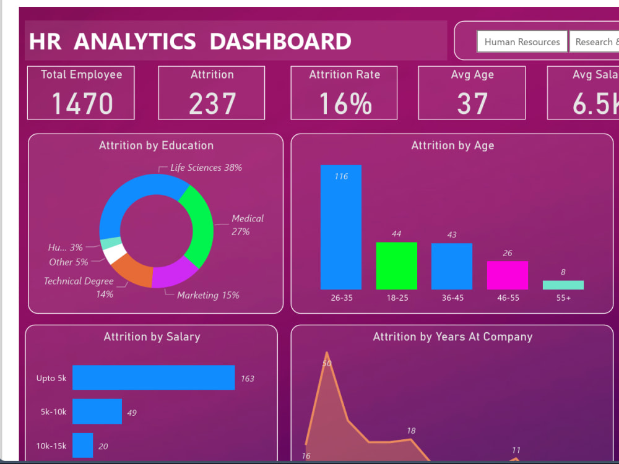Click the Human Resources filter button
[522, 42]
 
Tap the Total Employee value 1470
[82, 103]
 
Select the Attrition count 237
[212, 103]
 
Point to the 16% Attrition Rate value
[345, 103]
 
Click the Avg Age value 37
[472, 103]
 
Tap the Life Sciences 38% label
[206, 168]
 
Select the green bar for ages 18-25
[396, 265]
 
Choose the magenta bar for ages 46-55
[508, 275]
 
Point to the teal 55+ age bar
[563, 285]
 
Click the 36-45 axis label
[452, 298]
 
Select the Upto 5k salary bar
[154, 377]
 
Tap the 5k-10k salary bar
[97, 411]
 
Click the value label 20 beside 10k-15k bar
[103, 446]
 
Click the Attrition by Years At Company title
[452, 337]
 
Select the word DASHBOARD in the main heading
[280, 41]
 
